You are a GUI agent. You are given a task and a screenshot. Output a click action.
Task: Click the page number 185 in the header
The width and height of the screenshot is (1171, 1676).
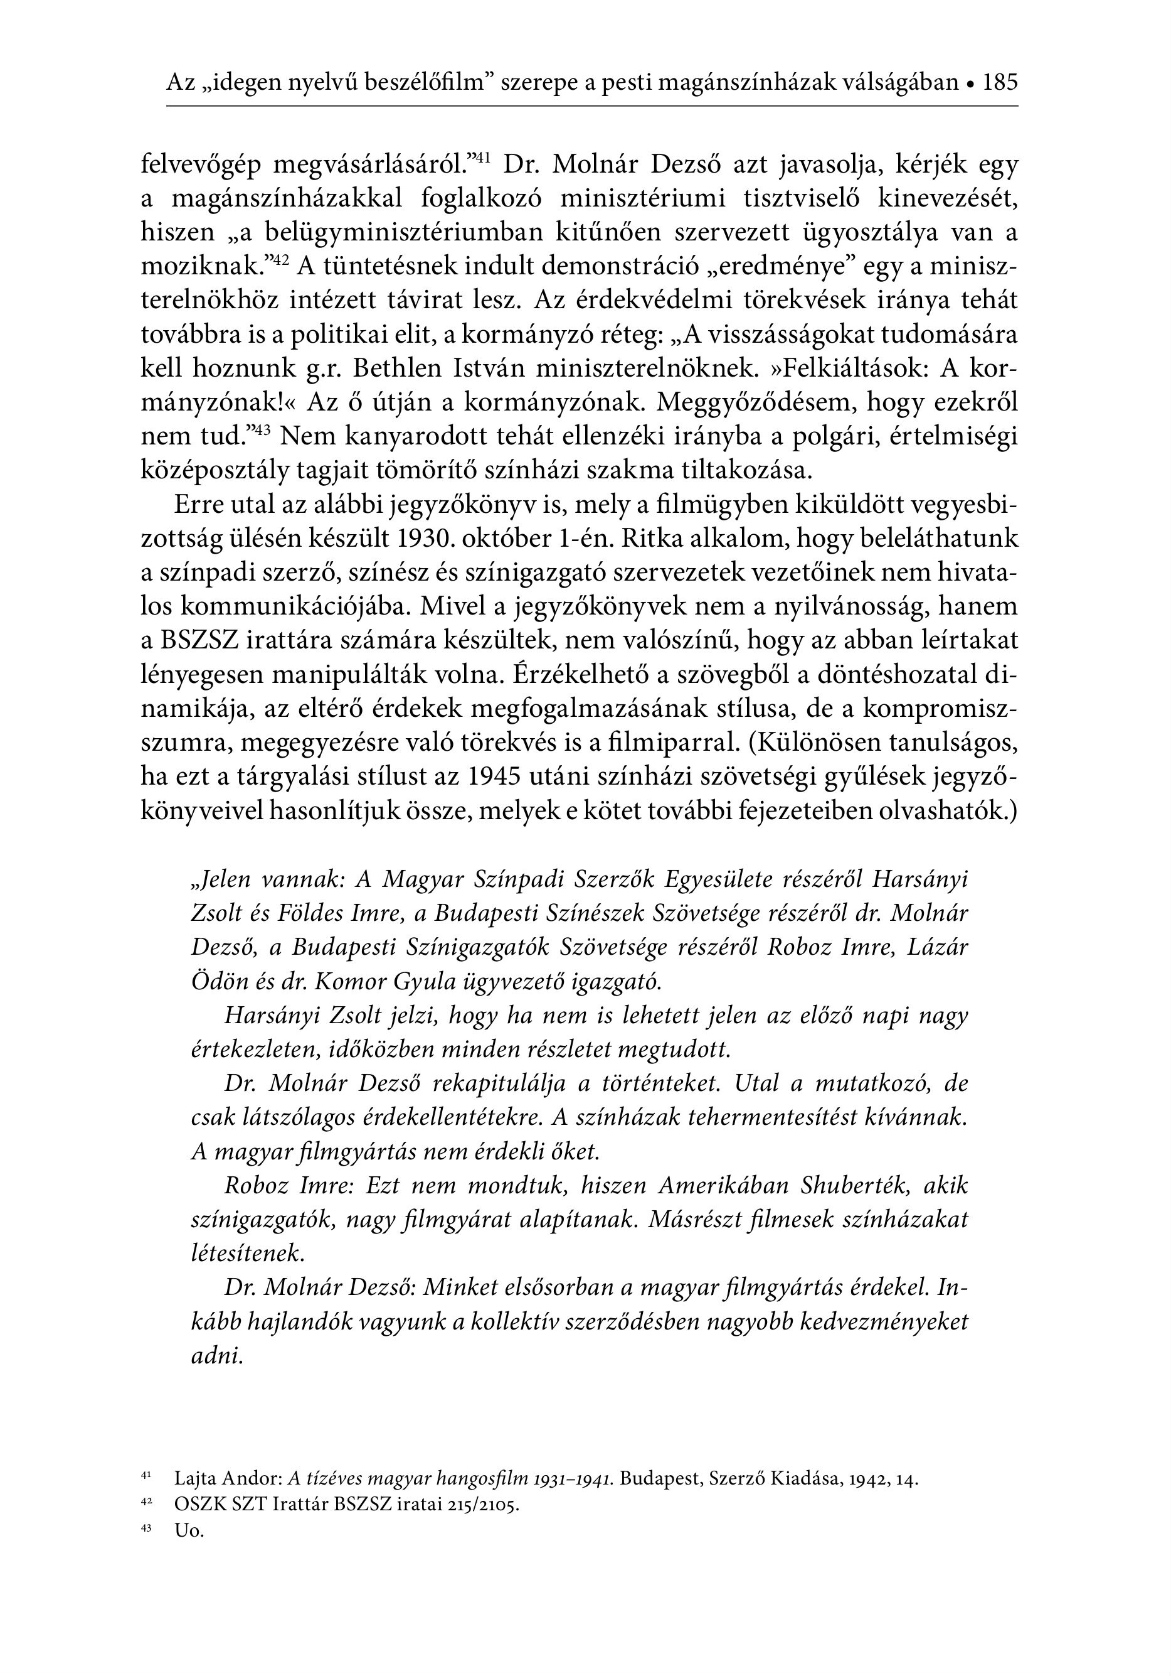(x=1000, y=82)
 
